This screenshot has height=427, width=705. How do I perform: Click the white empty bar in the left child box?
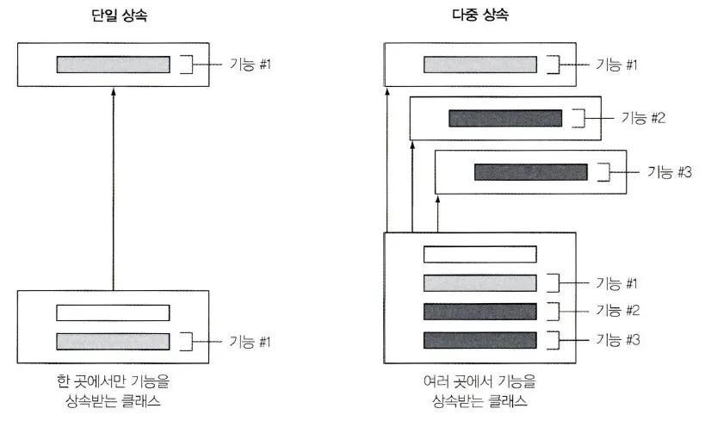click(113, 313)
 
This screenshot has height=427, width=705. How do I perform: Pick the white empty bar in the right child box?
click(480, 255)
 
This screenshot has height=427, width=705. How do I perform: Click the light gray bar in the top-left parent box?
click(113, 65)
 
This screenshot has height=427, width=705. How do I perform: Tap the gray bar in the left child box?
click(113, 341)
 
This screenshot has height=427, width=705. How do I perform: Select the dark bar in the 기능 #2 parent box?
click(505, 118)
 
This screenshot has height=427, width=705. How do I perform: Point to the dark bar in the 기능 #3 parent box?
click(531, 171)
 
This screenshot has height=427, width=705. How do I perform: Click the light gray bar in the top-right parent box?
click(480, 65)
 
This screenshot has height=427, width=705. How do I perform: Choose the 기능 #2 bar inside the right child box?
click(480, 311)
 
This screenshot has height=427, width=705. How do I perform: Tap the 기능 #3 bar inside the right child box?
click(480, 339)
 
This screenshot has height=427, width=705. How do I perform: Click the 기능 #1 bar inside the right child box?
click(480, 282)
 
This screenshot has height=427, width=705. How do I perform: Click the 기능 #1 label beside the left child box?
click(250, 342)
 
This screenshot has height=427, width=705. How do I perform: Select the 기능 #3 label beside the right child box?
click(618, 339)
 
